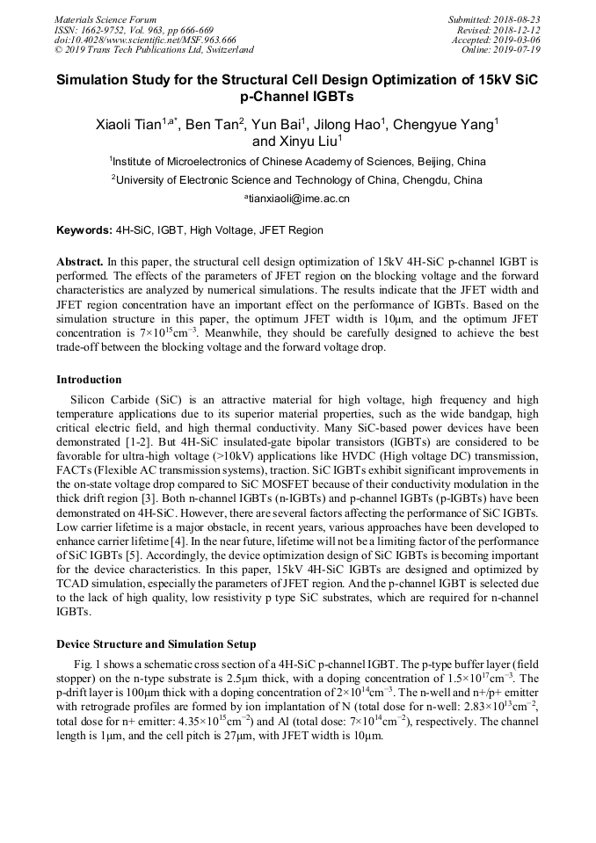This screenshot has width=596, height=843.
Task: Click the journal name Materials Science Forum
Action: pyautogui.click(x=105, y=19)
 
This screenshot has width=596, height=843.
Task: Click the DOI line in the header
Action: pyautogui.click(x=145, y=40)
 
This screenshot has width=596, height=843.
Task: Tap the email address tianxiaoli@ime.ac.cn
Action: pyautogui.click(x=300, y=199)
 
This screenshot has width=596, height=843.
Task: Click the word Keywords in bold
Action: pyautogui.click(x=84, y=230)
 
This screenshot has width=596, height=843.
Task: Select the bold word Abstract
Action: pyautogui.click(x=80, y=262)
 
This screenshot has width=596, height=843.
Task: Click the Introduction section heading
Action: pyautogui.click(x=89, y=380)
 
